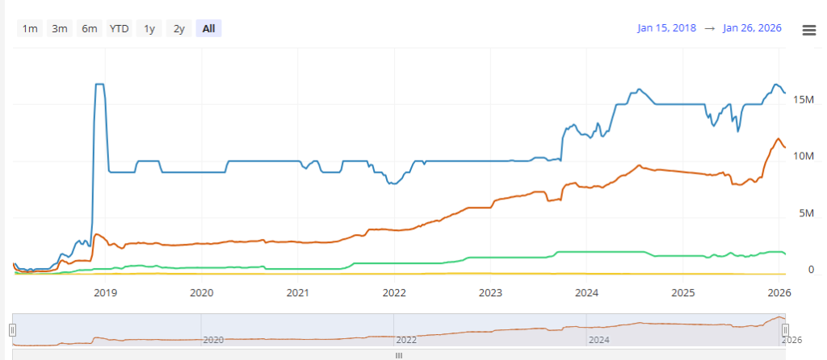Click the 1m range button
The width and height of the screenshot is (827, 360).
click(30, 28)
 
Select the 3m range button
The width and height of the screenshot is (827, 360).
click(60, 28)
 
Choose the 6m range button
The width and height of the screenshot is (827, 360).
click(89, 28)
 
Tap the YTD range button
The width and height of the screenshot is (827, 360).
click(120, 28)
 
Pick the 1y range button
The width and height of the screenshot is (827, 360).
click(149, 28)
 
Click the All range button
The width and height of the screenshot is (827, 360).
click(208, 28)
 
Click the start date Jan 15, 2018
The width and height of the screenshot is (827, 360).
click(667, 28)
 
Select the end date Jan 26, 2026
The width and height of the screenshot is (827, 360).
click(752, 28)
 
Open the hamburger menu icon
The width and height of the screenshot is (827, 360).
click(808, 30)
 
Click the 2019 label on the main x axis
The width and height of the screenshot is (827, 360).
click(106, 291)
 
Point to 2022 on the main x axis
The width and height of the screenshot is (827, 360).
click(394, 291)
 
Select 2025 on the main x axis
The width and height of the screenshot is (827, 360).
click(683, 291)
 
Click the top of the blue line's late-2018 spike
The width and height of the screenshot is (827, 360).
click(99, 84)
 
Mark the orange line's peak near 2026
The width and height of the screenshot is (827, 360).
click(778, 139)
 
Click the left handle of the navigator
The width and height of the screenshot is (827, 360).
click(13, 329)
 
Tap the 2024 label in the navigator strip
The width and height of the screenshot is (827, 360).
click(598, 340)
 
